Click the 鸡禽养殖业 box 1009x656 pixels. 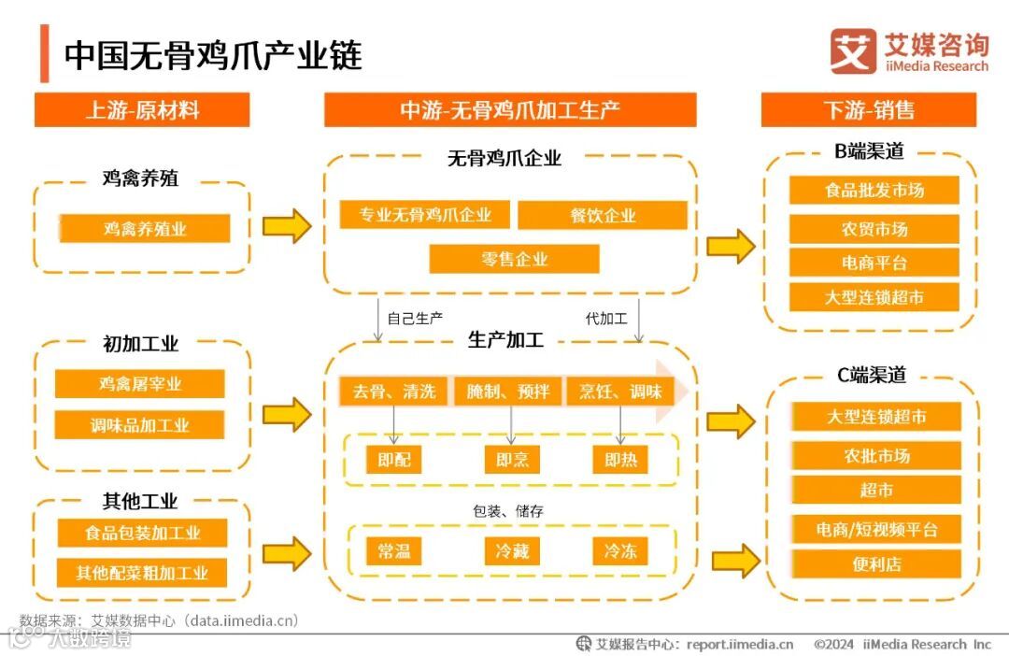point(144,228)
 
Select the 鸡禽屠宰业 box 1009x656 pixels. point(139,384)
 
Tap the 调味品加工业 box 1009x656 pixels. point(139,425)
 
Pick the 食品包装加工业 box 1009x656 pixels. point(142,534)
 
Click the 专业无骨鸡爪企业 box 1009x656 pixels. point(425,215)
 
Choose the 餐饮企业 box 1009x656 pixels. point(603,215)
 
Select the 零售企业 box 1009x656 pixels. point(514,259)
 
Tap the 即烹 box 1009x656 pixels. point(512,460)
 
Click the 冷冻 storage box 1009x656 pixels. point(619,550)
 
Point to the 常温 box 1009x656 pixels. point(394,550)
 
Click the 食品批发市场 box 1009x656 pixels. point(874,190)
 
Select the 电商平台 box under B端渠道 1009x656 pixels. point(874,263)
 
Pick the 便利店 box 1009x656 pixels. point(875,564)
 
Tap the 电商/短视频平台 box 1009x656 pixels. point(875,530)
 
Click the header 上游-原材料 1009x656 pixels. point(142,109)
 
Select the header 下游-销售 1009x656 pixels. point(868,109)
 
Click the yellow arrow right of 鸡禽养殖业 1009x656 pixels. point(286,226)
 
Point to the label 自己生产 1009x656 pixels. point(415,319)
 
